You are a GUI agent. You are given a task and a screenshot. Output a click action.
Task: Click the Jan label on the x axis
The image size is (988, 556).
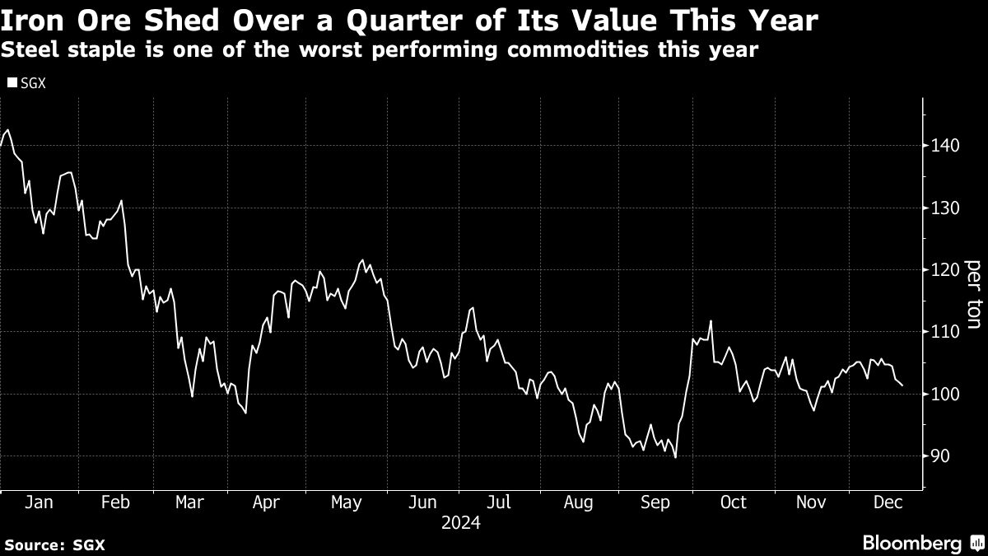click(39, 502)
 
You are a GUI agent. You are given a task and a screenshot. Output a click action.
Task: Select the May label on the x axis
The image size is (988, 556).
click(345, 502)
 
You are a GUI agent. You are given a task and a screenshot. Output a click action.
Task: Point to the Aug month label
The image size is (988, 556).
click(578, 502)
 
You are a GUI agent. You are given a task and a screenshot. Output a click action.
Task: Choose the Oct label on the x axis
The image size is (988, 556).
click(733, 502)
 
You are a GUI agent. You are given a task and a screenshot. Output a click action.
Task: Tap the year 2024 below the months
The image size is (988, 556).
click(461, 522)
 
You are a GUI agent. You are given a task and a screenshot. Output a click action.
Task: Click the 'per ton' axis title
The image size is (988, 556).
click(973, 295)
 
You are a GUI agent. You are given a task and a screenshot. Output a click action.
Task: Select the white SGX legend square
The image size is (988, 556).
click(11, 82)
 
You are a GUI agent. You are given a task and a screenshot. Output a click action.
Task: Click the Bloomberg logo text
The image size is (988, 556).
click(911, 543)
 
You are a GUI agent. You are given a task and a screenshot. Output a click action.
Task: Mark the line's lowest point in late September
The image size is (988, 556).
click(675, 457)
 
